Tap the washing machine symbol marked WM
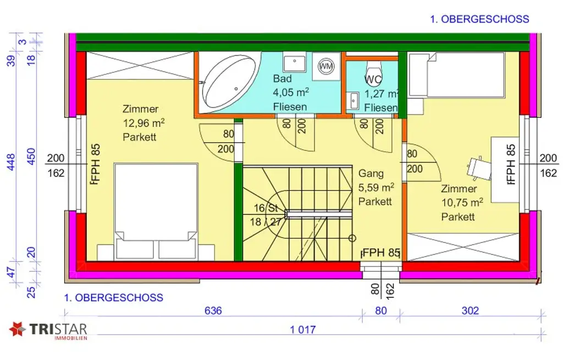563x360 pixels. point(326,66)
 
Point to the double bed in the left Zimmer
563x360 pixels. point(156,209)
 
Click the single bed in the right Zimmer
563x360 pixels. point(457,74)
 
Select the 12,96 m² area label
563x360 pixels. point(144,123)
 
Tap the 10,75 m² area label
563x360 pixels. point(462,203)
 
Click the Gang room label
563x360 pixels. point(371,174)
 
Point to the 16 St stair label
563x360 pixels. point(267,209)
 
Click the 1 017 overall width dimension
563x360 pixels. point(302,329)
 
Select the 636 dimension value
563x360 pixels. point(213,311)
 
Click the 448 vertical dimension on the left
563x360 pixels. point(11,162)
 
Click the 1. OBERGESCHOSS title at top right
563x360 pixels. point(479,19)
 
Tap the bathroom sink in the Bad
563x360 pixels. point(295,63)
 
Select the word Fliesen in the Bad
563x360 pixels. point(290,107)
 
